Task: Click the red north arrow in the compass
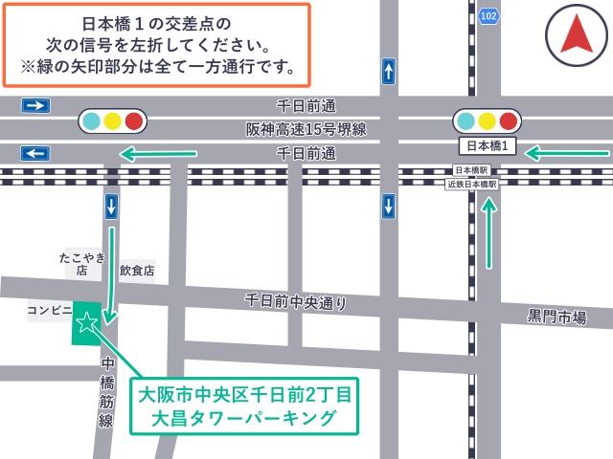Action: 577,35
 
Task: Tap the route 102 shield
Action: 489,15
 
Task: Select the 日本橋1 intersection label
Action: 488,146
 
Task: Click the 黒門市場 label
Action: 556,317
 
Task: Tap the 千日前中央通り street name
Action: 296,301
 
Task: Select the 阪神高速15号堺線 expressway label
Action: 306,128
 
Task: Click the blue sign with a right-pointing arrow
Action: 35,104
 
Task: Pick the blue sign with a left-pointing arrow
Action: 35,153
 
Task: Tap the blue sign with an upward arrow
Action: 388,71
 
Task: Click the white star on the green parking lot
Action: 86,322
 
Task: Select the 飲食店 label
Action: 137,272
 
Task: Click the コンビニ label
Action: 50,311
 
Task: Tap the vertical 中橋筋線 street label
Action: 107,392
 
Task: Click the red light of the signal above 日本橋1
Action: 508,120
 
